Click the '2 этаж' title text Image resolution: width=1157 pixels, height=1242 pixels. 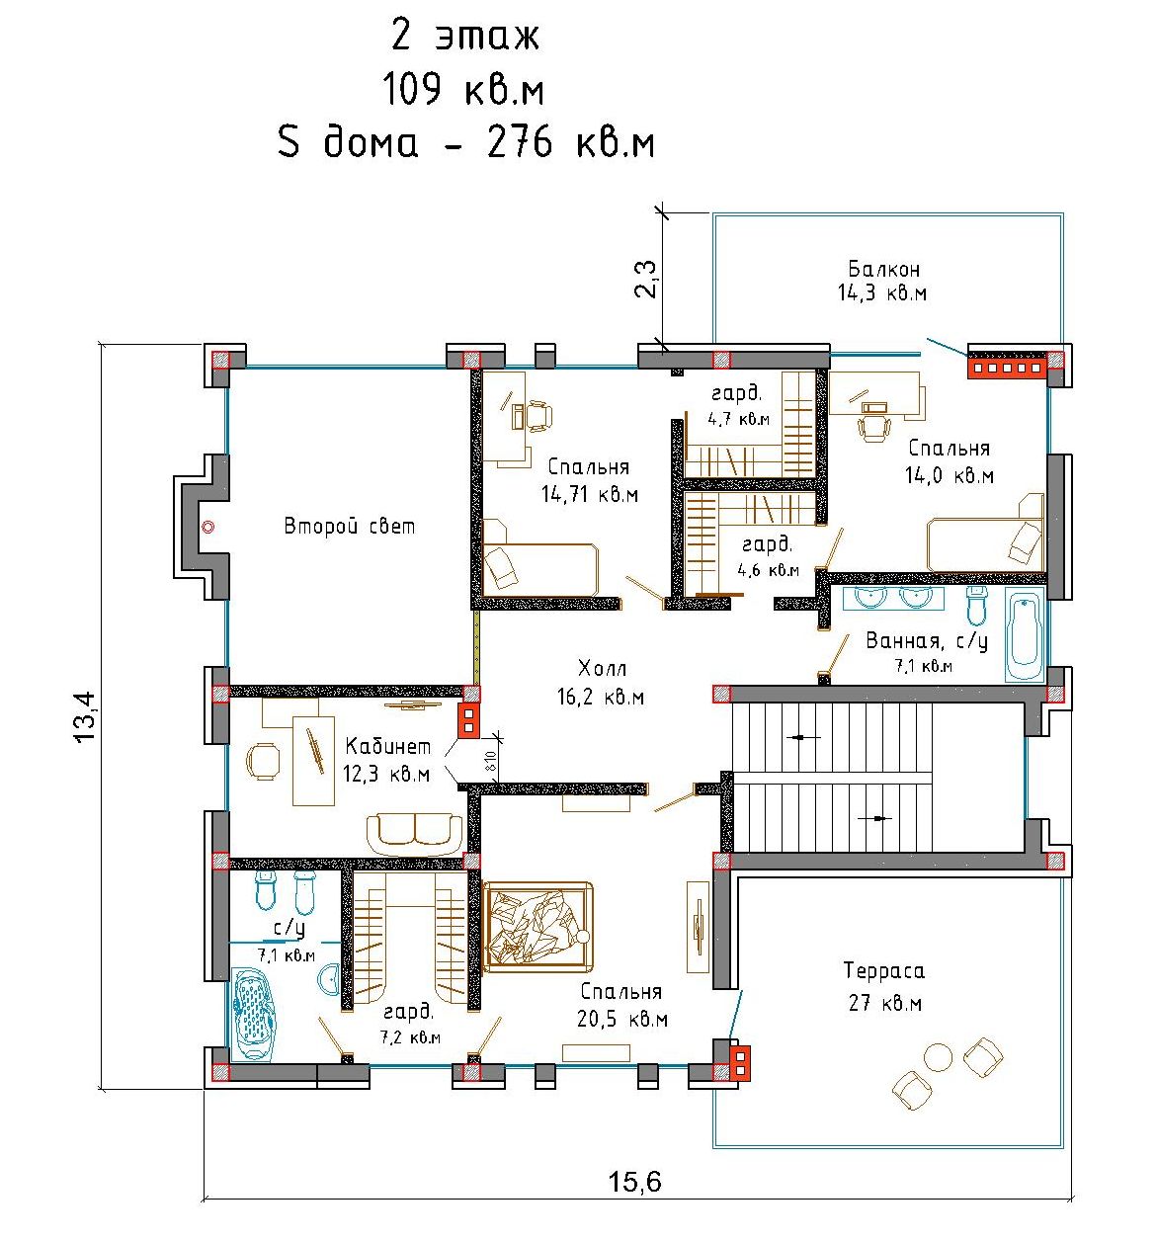464,37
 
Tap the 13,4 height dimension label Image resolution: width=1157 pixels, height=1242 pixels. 85,716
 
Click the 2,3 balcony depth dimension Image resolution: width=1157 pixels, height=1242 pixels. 646,279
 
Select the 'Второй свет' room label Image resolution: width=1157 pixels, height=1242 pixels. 349,526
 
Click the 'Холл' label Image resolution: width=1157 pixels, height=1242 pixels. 602,669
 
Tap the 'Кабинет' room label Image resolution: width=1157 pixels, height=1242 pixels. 387,746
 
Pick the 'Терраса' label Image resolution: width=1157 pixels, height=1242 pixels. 883,970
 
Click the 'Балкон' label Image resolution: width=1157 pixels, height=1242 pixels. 883,269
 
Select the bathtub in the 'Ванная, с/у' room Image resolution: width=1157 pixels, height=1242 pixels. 1024,634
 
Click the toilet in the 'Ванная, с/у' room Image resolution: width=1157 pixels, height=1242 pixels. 975,606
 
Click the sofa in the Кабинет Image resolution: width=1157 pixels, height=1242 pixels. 414,835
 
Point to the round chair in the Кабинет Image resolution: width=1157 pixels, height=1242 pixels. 263,761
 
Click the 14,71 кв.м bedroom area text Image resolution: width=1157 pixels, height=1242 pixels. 590,495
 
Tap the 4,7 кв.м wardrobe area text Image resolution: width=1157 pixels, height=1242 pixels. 738,419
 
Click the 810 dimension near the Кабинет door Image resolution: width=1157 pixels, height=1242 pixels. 490,759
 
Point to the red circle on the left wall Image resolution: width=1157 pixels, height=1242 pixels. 208,527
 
